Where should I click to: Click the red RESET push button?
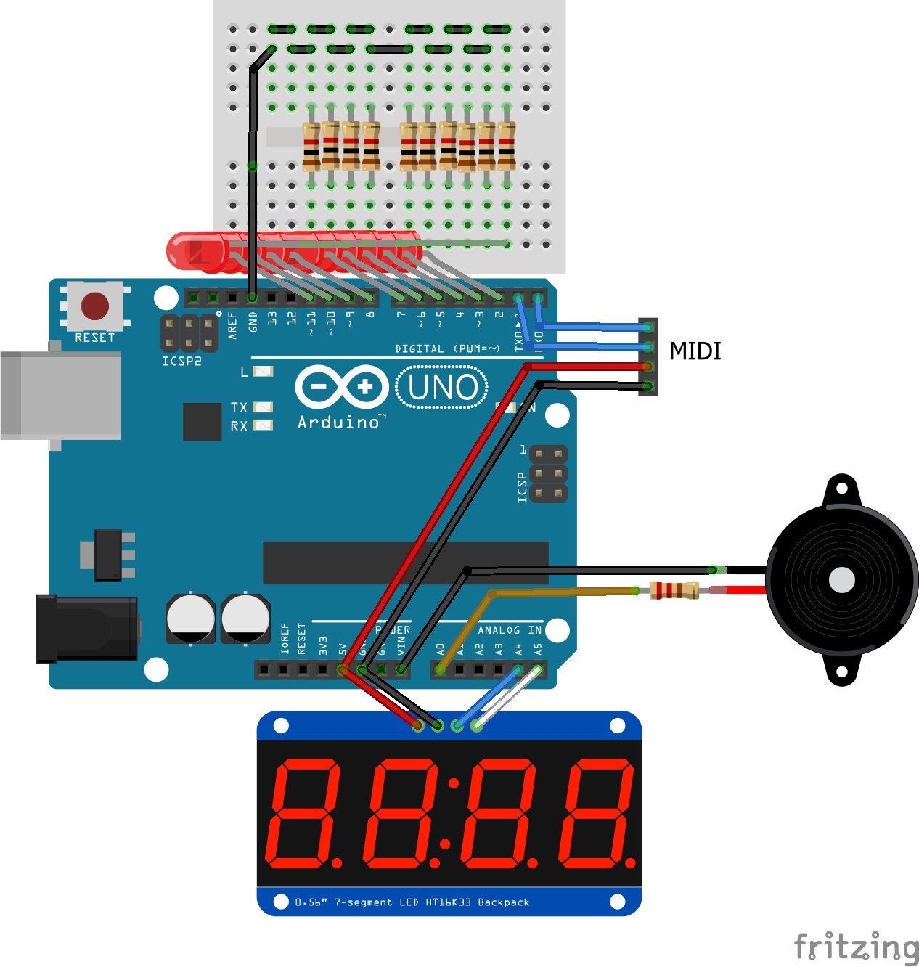pos(95,306)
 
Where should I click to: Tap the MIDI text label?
pos(695,351)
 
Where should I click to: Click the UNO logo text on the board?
pos(442,387)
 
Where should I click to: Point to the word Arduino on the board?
pos(339,423)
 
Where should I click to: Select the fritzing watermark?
pos(857,947)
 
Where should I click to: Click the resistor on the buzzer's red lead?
pos(674,590)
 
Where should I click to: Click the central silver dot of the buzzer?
pos(842,580)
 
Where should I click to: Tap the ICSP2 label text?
pos(181,362)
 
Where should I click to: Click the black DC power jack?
pos(87,629)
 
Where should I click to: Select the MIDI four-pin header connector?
pos(648,356)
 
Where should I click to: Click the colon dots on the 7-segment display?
pos(449,813)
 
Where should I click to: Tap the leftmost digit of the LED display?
pos(303,813)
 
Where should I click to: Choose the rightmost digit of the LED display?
pos(597,813)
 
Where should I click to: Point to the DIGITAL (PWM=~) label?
pos(447,349)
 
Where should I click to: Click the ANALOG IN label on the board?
pos(510,630)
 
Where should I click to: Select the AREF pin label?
pos(232,325)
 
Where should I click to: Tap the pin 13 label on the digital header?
pos(272,318)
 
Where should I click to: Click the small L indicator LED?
pos(262,372)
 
